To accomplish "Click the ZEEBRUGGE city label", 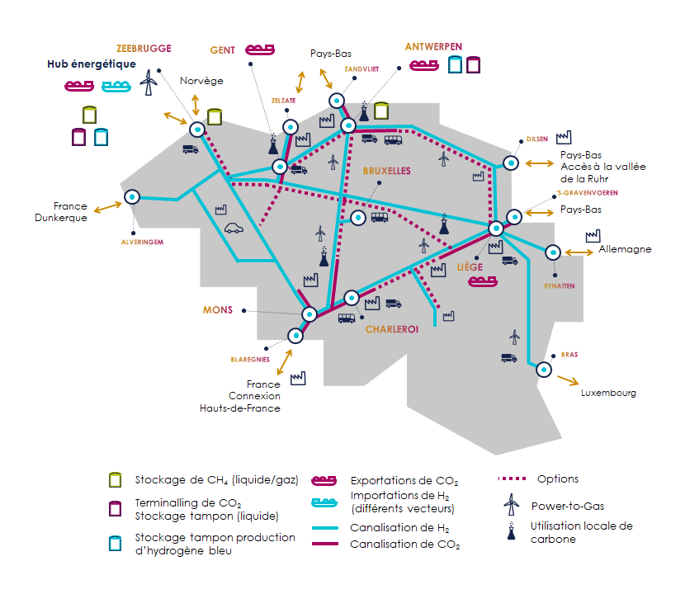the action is tap(144, 49).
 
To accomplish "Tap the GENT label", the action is tap(222, 50).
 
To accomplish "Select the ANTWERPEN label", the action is tap(433, 47).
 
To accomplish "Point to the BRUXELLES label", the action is tap(386, 171).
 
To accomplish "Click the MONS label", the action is tap(218, 310).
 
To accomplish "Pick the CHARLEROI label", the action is tap(392, 329).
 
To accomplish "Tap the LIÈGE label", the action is tap(470, 266).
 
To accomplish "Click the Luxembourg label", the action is tap(608, 393).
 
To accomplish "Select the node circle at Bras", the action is tap(544, 370).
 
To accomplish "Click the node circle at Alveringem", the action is tap(132, 197).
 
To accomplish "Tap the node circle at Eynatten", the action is tap(553, 252).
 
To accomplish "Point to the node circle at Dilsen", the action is tap(511, 163).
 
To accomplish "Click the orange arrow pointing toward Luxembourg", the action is tap(568, 380).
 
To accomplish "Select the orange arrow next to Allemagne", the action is tap(579, 252).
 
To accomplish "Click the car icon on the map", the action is tap(234, 228).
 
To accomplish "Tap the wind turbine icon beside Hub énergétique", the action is tap(149, 82).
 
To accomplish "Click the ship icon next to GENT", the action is tap(260, 49).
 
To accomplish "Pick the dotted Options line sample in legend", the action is tap(512, 478).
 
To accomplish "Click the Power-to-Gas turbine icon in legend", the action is tap(511, 505).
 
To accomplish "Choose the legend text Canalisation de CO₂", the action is tap(405, 544).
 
